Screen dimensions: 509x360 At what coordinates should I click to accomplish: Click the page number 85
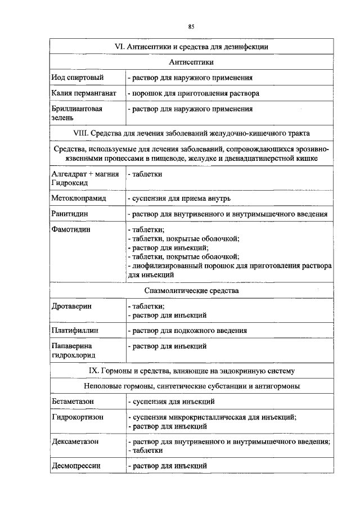click(x=191, y=26)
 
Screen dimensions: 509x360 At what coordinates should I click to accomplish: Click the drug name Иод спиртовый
click(x=75, y=77)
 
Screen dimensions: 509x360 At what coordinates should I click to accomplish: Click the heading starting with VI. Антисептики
click(x=191, y=46)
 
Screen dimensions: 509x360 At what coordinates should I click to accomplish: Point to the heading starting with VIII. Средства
click(x=191, y=133)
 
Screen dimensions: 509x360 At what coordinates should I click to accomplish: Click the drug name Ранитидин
click(x=69, y=214)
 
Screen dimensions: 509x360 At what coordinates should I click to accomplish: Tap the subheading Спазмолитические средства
click(x=191, y=291)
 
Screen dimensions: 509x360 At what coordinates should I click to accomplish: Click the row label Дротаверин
click(x=71, y=306)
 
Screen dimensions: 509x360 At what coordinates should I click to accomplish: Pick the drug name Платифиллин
click(x=74, y=331)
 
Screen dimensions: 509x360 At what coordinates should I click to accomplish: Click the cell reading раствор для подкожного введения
click(x=187, y=331)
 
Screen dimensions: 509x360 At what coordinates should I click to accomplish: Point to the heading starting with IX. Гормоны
click(x=191, y=371)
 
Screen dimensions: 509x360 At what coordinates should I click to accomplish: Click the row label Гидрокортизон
click(x=77, y=417)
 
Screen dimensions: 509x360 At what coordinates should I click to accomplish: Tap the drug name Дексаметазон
click(x=75, y=442)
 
